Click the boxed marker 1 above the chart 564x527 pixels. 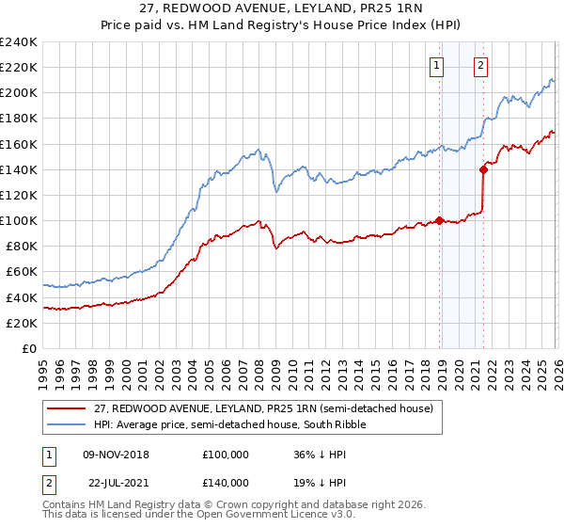coord(438,66)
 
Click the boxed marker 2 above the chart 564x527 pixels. coord(480,66)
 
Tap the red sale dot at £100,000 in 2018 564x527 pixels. coord(439,221)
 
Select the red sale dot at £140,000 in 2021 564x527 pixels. coord(483,170)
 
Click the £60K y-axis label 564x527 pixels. coord(22,272)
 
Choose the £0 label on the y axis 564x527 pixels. coord(28,348)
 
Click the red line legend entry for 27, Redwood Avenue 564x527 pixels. coord(263,408)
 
